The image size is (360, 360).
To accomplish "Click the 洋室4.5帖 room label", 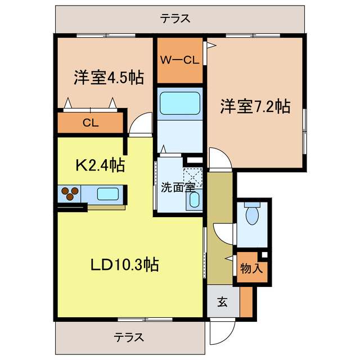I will (x=107, y=78).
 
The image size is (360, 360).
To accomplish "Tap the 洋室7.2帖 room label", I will (x=255, y=106).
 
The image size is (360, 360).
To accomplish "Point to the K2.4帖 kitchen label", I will (x=100, y=165).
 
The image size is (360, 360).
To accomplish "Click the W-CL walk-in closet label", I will (x=180, y=60).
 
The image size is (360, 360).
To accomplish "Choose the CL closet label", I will (x=91, y=123).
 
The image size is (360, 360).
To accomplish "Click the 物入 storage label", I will (x=251, y=268).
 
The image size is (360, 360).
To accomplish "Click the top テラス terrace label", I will (x=175, y=19).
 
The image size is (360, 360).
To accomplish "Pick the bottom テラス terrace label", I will (x=129, y=337).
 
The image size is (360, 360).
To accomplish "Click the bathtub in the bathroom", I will (x=180, y=102).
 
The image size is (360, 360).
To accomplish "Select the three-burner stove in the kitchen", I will (x=70, y=193).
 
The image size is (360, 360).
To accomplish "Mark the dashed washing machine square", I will (x=193, y=176).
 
